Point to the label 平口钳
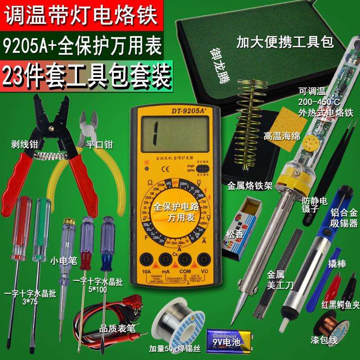99,145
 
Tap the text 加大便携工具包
284,43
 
